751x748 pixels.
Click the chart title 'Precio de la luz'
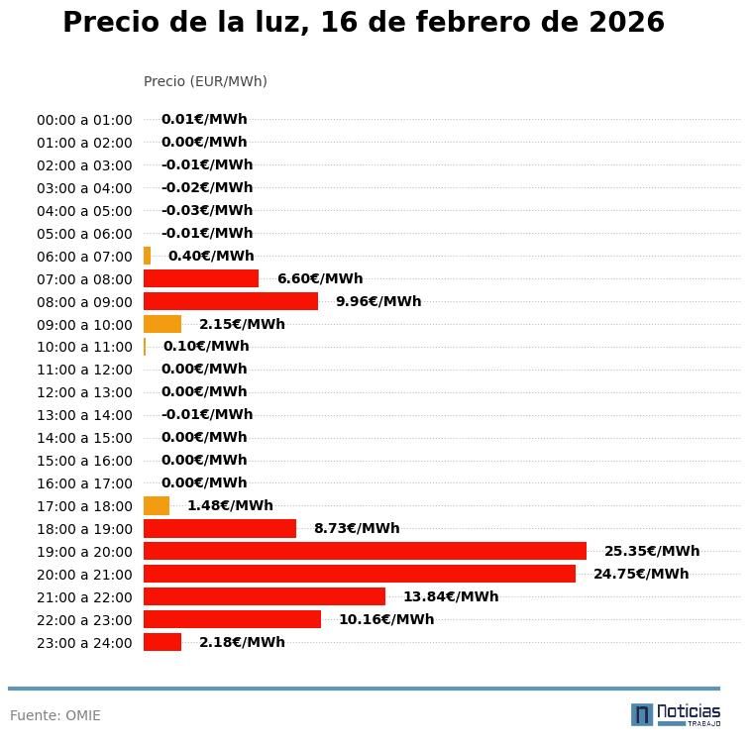coord(363,23)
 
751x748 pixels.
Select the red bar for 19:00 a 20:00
coord(365,551)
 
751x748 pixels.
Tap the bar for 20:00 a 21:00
coord(359,574)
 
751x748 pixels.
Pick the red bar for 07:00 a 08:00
coord(201,278)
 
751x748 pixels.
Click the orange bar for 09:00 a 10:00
coord(162,324)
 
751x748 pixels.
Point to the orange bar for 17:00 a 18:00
coord(157,505)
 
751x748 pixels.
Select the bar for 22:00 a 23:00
coord(232,619)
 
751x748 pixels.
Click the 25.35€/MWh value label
coord(651,551)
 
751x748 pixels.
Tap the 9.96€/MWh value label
coord(377,301)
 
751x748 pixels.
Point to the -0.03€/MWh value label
coord(206,210)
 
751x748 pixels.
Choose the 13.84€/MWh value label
coord(450,596)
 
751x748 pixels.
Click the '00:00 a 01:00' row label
coord(84,120)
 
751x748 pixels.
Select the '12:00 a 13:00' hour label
coord(84,392)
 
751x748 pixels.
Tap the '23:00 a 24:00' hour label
coord(84,643)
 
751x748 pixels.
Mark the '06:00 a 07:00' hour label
coord(84,257)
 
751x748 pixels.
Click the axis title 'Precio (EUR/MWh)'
coord(205,81)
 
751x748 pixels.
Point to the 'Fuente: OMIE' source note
coord(55,715)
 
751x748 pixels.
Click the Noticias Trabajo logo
coord(675,713)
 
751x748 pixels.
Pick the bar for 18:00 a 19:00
coord(220,528)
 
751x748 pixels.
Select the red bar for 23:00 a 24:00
coord(162,642)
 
